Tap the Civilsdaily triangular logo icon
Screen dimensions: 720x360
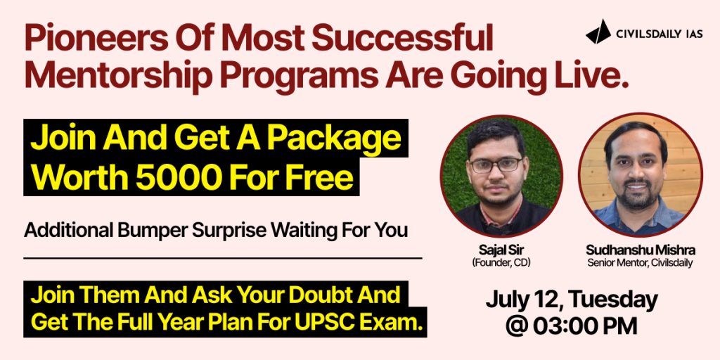coord(598,32)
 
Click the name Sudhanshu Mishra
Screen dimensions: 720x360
coord(640,251)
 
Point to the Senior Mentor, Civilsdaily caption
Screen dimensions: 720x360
coord(640,263)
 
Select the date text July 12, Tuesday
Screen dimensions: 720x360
coord(572,301)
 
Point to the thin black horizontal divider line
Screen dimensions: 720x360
coord(223,259)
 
